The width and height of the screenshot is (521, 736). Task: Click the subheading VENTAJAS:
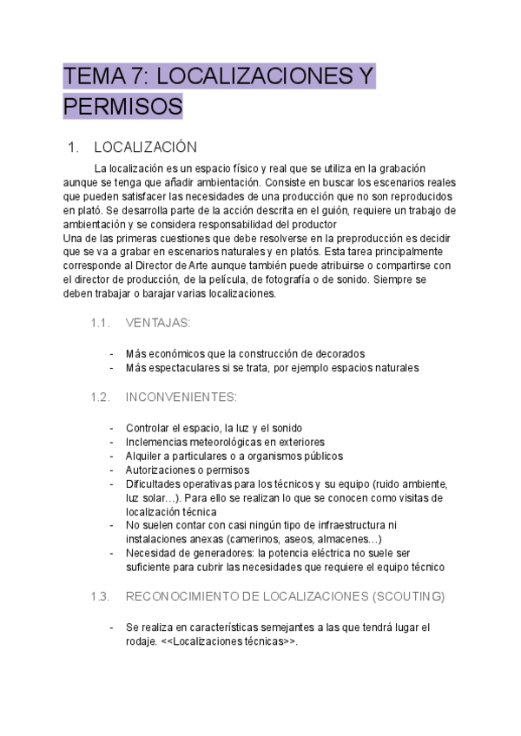[158, 323]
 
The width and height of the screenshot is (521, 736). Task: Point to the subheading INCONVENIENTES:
[181, 397]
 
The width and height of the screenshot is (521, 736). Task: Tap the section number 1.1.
[100, 323]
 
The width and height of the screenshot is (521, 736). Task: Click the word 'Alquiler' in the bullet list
[145, 456]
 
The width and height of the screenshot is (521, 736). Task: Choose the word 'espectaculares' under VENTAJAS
[188, 367]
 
